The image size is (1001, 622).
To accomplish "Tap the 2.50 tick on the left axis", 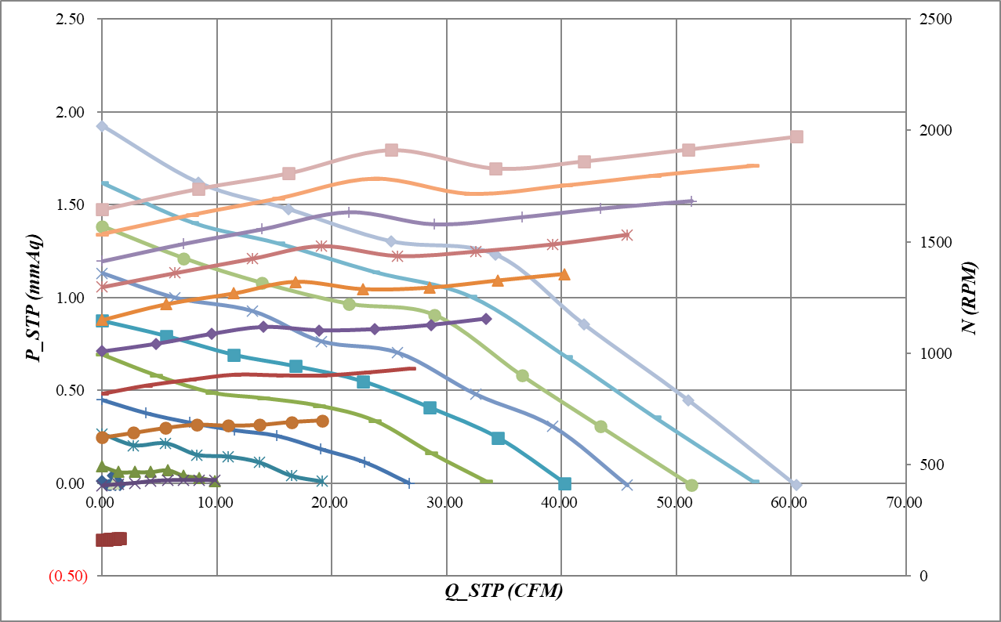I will click(71, 19).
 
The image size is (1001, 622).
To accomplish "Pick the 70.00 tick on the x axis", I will click(904, 501).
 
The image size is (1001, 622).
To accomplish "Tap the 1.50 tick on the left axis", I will click(71, 205).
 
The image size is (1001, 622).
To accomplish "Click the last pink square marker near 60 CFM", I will click(796, 137).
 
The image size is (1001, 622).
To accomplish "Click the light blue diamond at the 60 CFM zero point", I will click(796, 485).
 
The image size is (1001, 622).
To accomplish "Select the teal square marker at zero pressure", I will click(564, 483).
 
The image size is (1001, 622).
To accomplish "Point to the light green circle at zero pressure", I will click(691, 486).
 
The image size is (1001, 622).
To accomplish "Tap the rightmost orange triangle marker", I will click(564, 274).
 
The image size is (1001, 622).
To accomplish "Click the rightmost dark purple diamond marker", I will click(486, 319).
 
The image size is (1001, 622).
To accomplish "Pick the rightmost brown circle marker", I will click(322, 421).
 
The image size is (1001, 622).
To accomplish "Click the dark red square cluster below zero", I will click(111, 539).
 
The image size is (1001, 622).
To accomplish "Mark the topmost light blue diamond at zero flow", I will click(102, 126).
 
